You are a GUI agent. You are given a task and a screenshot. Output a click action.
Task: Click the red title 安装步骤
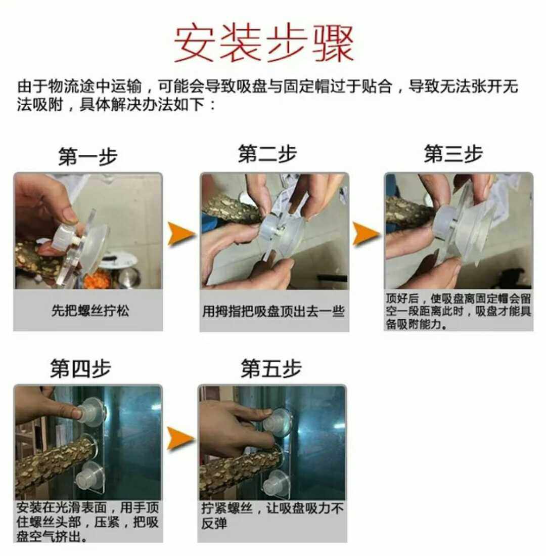click(264, 44)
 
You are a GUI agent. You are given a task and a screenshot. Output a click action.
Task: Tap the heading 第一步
click(88, 156)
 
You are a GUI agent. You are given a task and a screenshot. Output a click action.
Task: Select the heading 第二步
click(267, 154)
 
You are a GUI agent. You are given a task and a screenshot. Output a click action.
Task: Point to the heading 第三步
click(453, 154)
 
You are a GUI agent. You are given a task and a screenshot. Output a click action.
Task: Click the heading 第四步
click(80, 368)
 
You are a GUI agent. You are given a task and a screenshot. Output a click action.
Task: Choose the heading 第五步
click(271, 368)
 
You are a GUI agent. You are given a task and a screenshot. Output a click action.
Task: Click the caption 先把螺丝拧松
click(90, 311)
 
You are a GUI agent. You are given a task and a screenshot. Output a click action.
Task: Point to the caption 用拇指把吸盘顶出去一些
click(274, 311)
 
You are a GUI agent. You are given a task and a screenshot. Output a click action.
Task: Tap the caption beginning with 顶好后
click(458, 311)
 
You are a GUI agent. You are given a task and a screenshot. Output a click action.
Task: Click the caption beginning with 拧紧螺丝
click(272, 515)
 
